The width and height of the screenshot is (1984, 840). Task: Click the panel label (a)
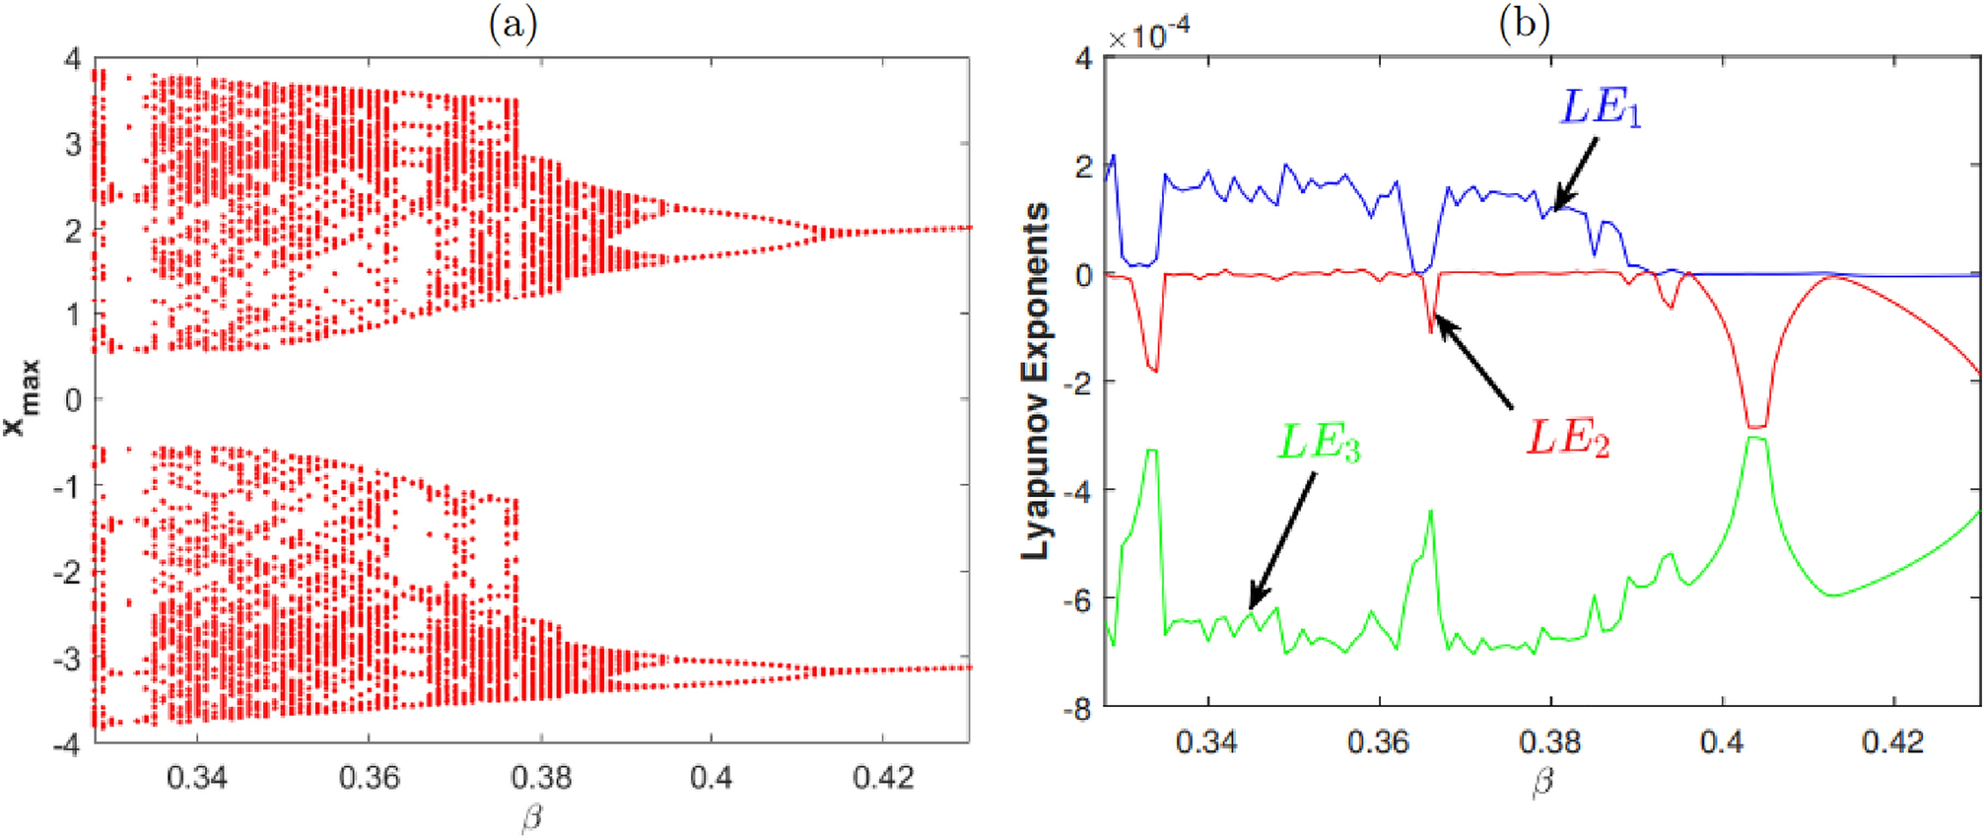[513, 23]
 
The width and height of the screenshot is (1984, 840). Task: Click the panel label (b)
[1525, 23]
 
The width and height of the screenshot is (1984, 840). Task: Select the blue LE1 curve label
[1600, 107]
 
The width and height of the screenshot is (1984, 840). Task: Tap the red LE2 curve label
[1567, 438]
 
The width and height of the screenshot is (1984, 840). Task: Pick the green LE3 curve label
[1319, 444]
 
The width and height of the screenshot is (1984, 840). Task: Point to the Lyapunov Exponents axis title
[1036, 382]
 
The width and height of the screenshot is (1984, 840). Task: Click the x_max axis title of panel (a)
[22, 398]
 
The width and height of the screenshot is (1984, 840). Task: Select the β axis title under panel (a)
[532, 817]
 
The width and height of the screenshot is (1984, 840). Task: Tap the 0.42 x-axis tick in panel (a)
[883, 778]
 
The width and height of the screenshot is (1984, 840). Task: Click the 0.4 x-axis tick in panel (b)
[1722, 740]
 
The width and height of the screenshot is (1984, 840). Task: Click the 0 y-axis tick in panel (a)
[73, 400]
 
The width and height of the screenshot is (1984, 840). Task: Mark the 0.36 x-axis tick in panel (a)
[369, 778]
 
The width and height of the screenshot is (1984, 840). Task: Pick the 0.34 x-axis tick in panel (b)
[1206, 740]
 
